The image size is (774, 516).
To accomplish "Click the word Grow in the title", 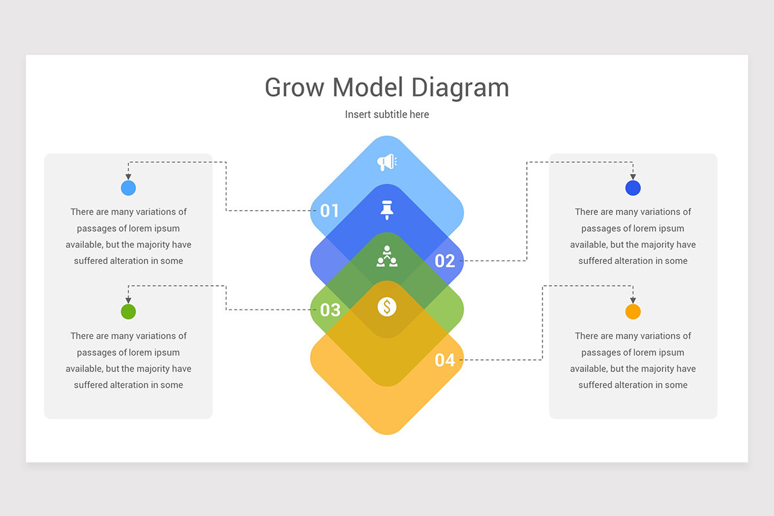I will click(294, 88).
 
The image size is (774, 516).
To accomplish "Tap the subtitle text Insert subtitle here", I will click(387, 114).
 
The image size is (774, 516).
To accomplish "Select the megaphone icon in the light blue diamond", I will click(386, 163).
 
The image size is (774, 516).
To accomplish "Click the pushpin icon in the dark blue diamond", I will click(386, 210).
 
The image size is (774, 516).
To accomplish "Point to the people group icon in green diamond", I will click(387, 257).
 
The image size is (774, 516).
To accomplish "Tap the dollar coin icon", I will click(387, 306).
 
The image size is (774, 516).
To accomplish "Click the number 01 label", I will click(330, 210).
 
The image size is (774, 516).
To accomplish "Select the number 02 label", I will click(444, 261).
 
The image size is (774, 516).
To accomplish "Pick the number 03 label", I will click(330, 310).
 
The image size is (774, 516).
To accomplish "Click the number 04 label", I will click(444, 360).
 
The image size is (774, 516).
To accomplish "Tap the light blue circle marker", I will click(128, 188).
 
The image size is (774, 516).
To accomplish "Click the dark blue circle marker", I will click(633, 188).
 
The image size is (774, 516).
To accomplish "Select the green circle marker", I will click(128, 312).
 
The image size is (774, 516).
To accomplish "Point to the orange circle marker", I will click(633, 312).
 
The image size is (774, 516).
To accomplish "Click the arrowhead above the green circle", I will click(128, 301).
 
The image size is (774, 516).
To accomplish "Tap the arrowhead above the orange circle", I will click(633, 301).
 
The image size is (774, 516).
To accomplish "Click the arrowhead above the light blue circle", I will click(128, 177).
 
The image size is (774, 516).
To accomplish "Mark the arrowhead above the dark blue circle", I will click(633, 177).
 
